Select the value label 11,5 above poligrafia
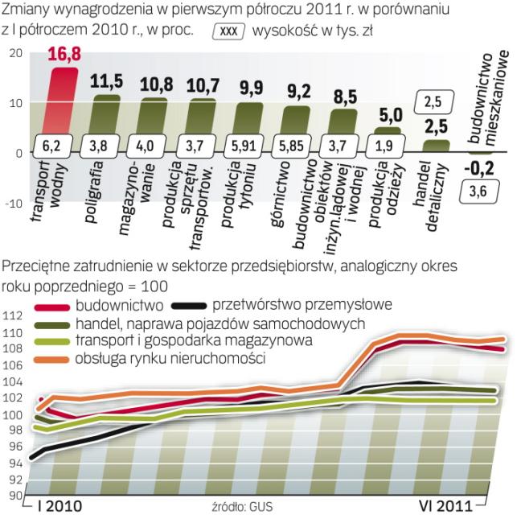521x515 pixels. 105,83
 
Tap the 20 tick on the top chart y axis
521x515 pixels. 14,52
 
